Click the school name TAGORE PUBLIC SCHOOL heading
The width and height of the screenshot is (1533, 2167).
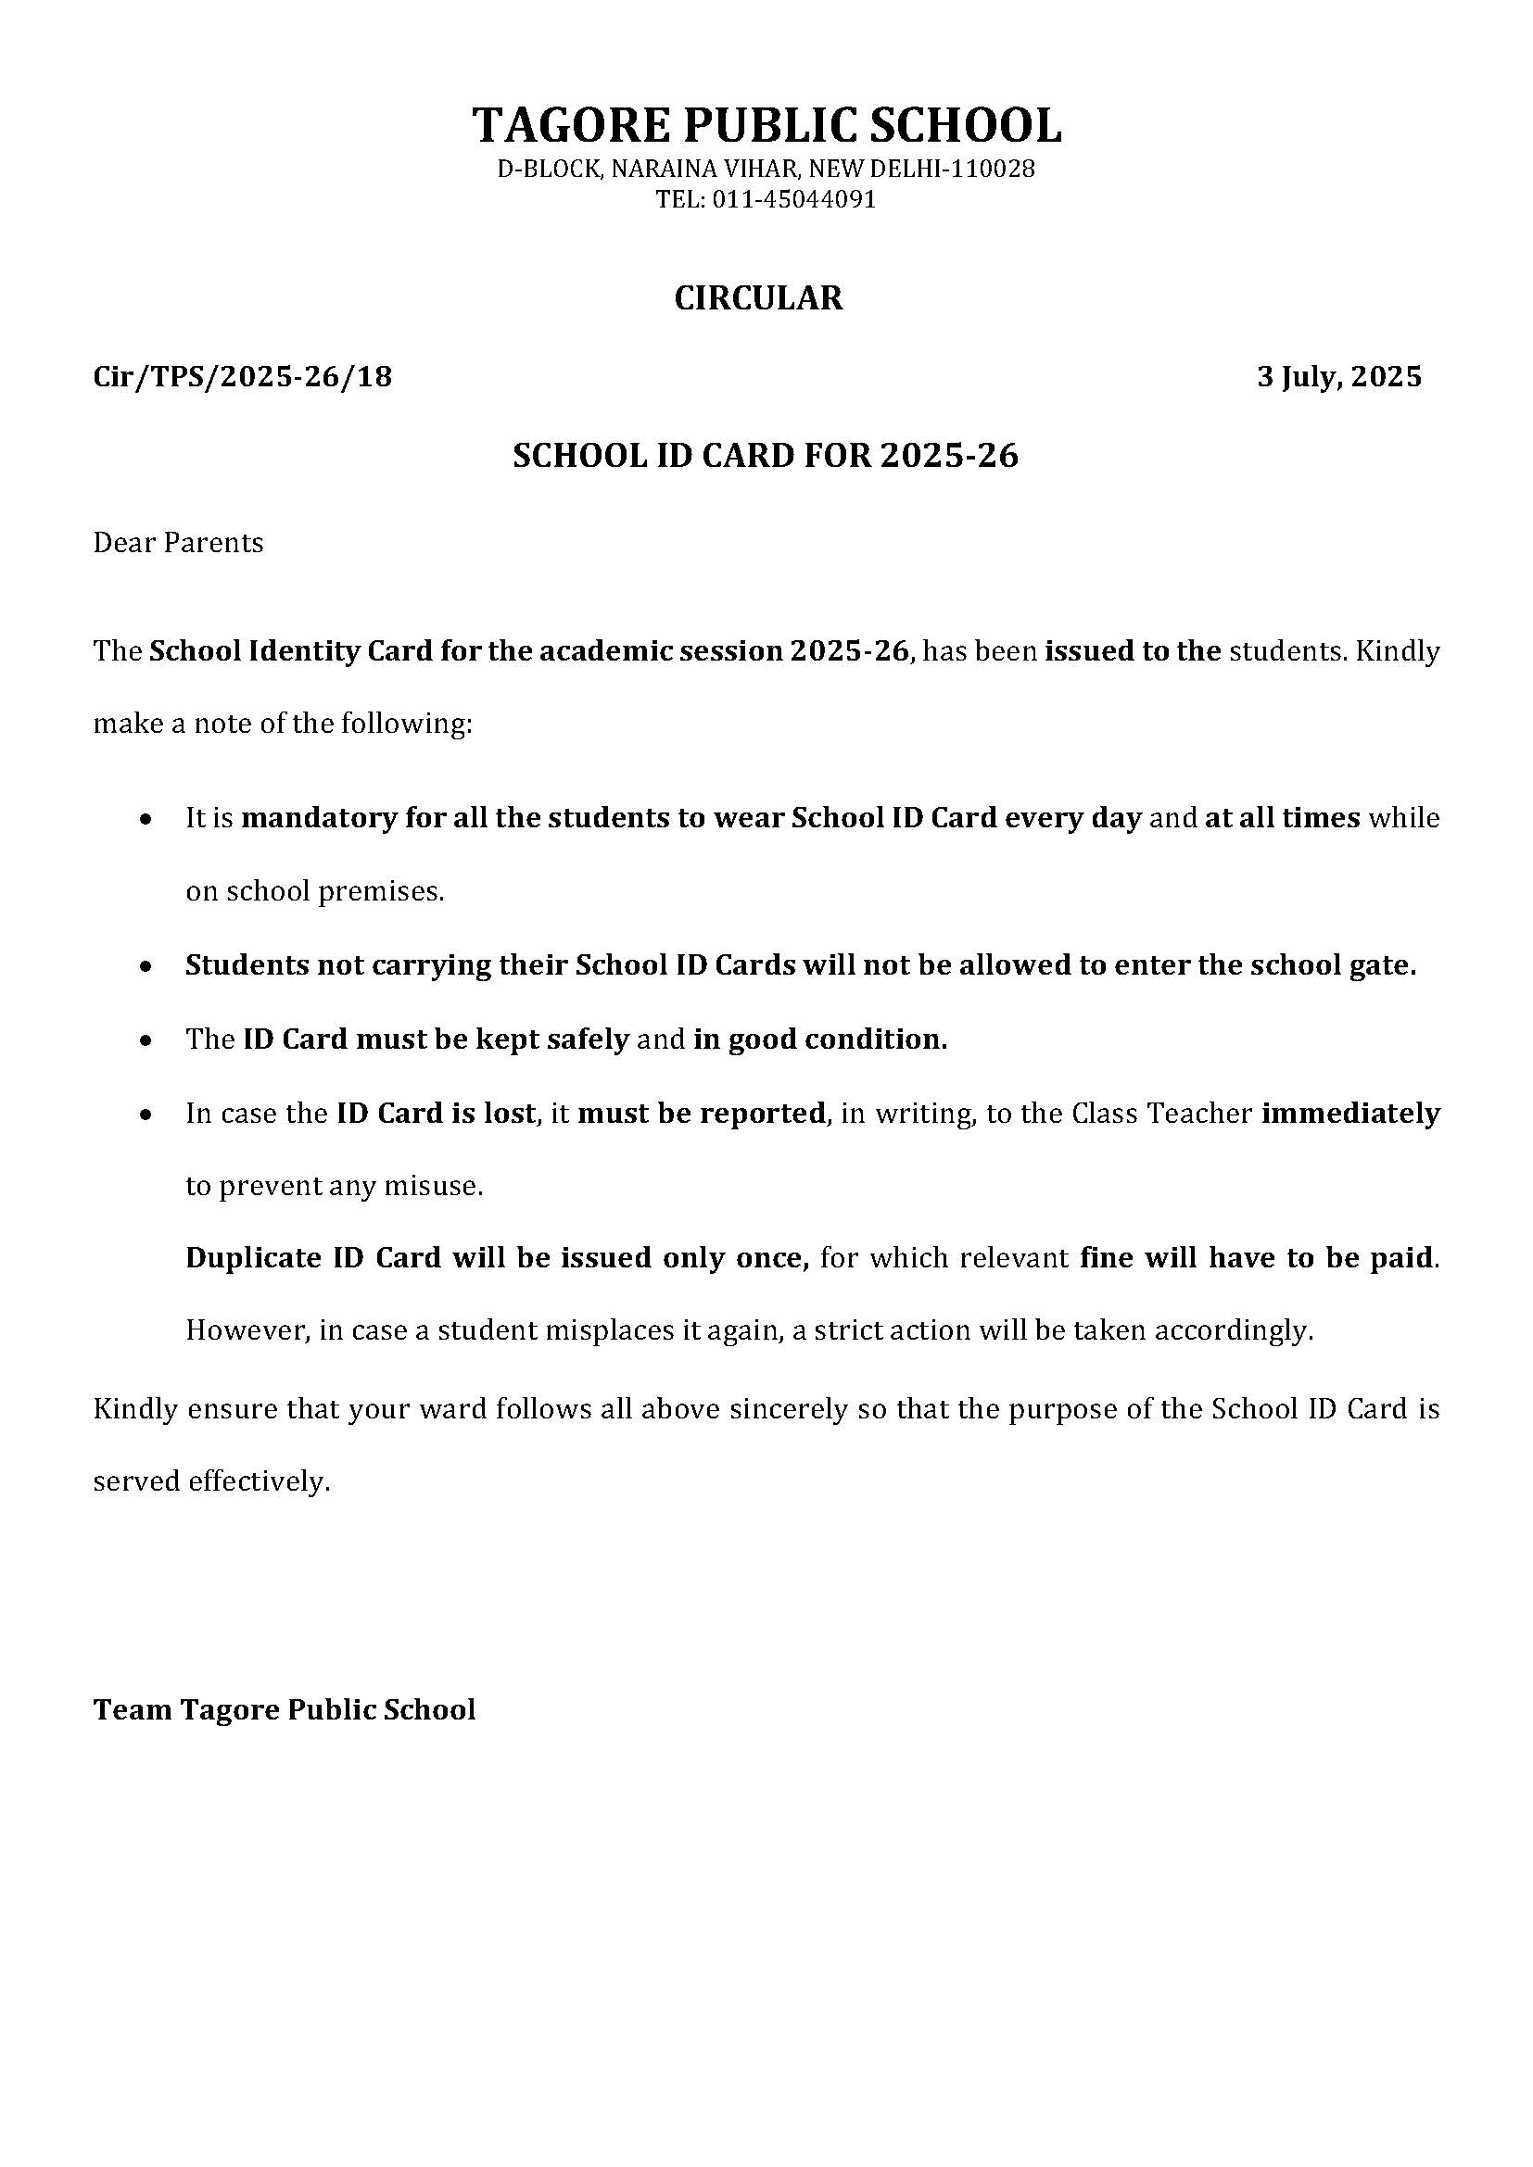pyautogui.click(x=766, y=124)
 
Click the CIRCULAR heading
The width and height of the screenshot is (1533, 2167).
pyautogui.click(x=758, y=298)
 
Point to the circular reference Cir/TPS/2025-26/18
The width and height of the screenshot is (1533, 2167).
pyautogui.click(x=243, y=377)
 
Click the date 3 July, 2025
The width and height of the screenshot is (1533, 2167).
pyautogui.click(x=1338, y=377)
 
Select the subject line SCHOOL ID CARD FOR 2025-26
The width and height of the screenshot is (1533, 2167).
pyautogui.click(x=766, y=457)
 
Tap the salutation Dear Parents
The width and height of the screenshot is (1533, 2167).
pyautogui.click(x=178, y=544)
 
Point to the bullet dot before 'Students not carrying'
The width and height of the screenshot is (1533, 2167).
pyautogui.click(x=145, y=966)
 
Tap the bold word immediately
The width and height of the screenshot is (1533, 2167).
pyautogui.click(x=1350, y=1114)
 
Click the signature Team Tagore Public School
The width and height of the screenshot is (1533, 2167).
pyautogui.click(x=285, y=1710)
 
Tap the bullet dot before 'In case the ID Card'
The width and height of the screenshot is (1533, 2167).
pyautogui.click(x=145, y=1115)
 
